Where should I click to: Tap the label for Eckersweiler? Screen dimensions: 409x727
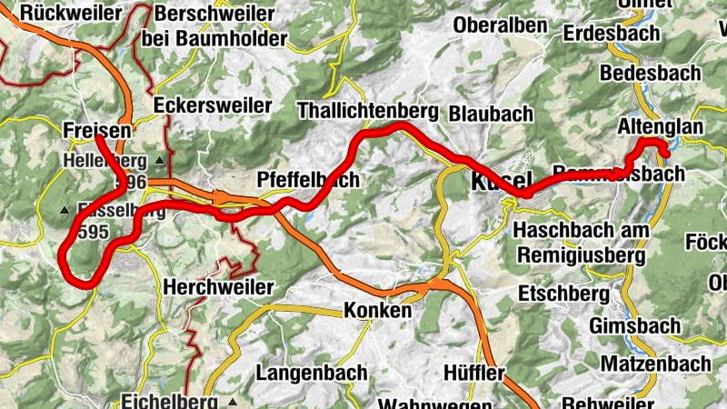(214, 105)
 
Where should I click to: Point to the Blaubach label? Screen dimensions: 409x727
(490, 113)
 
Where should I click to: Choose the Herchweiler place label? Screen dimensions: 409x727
(218, 287)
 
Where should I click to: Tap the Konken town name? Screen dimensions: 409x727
(377, 311)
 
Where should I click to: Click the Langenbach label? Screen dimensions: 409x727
(312, 373)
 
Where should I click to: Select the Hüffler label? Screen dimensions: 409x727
(474, 373)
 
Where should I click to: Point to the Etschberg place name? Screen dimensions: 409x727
(563, 294)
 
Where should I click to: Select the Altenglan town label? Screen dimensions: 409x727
(660, 127)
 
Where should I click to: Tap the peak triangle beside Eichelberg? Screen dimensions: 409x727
(233, 401)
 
